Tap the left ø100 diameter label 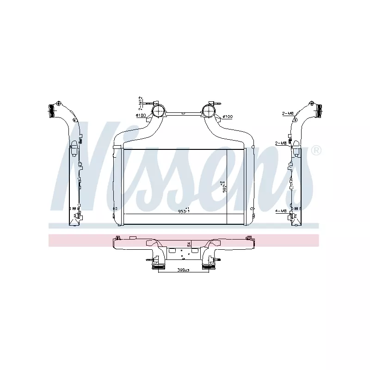pyautogui.click(x=141, y=116)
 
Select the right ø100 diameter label pyautogui.click(x=227, y=116)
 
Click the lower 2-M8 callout pyautogui.click(x=281, y=143)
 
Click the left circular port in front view pyautogui.click(x=158, y=111)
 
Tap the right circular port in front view pyautogui.click(x=209, y=111)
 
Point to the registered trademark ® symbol pyautogui.click(x=316, y=150)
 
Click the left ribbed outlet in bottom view pyautogui.click(x=159, y=266)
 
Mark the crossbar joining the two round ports pyautogui.click(x=183, y=112)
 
